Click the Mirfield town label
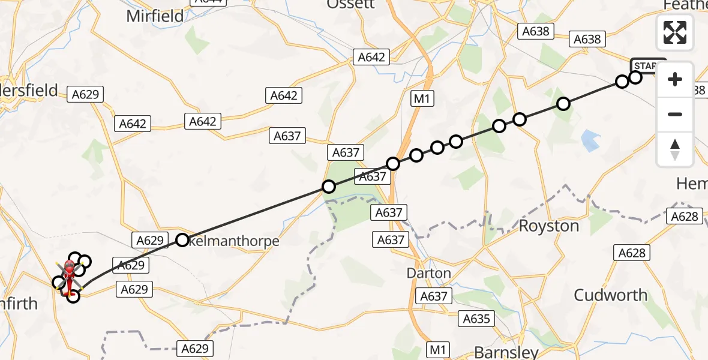point(155,16)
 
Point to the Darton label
point(428,273)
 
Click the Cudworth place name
point(610,295)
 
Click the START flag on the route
point(648,65)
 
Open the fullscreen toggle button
point(675,32)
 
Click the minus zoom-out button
point(675,114)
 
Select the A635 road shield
point(477,319)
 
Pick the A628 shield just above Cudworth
point(632,253)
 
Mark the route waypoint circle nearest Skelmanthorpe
point(182,241)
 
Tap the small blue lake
point(591,140)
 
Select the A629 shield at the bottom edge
point(194,348)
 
